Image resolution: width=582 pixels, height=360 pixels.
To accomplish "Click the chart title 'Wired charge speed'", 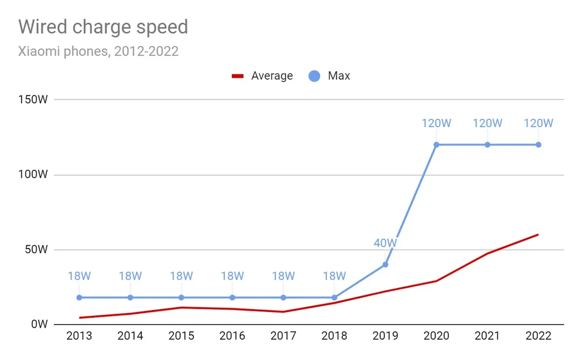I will pos(103,27).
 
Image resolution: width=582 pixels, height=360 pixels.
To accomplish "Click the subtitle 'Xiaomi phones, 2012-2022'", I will pos(98,52).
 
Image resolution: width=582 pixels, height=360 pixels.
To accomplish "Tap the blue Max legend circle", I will pos(314,76).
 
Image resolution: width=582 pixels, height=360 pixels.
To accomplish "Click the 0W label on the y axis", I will pos(40,324).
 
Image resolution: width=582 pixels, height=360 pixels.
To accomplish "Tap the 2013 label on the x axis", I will pos(79,336).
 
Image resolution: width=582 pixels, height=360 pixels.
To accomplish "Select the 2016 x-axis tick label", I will pos(232,336).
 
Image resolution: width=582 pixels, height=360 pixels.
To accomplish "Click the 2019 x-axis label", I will pos(385,336).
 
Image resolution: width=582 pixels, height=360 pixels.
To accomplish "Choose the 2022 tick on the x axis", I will pos(538,336).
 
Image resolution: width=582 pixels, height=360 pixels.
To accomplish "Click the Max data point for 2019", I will pos(385,265).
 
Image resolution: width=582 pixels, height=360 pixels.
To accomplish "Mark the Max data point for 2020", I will pos(436,144).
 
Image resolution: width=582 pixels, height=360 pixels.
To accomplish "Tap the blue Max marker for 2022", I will pos(538,144).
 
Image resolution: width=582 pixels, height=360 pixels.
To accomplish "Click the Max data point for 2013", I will pos(79,297).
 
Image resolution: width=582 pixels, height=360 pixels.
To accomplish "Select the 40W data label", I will pos(385,243).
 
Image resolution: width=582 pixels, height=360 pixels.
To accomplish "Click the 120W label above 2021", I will pos(487,123).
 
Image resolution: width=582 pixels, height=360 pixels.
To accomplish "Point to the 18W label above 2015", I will pos(181,276).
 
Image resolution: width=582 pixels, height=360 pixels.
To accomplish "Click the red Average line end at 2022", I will pos(538,234).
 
